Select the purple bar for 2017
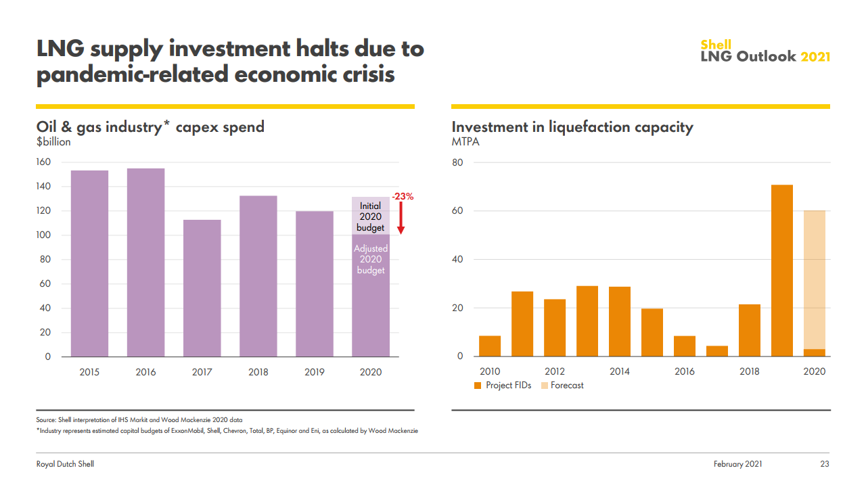(202, 288)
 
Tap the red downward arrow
(401, 219)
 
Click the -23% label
(403, 196)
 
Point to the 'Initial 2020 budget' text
(370, 216)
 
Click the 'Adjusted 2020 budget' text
(370, 260)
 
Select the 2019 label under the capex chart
(314, 372)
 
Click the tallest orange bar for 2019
(781, 271)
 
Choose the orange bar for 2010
(490, 346)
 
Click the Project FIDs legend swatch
(478, 386)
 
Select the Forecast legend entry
(562, 386)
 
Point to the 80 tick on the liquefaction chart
(457, 162)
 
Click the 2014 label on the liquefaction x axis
(619, 371)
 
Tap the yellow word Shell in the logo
(716, 45)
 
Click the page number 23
(824, 464)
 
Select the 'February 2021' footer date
(737, 464)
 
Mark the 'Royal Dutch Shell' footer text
(65, 464)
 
